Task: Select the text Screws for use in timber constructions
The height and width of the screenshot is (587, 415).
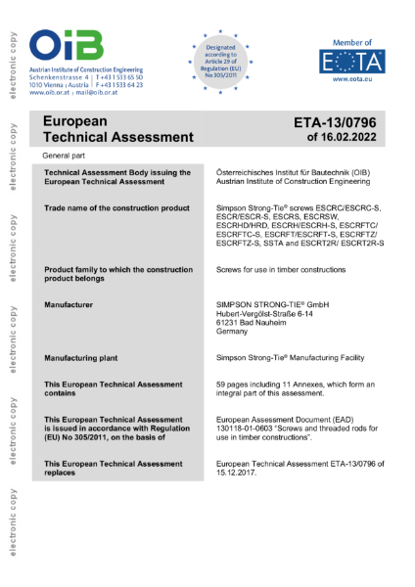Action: [284, 270]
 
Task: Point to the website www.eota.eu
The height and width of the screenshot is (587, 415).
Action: [351, 89]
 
